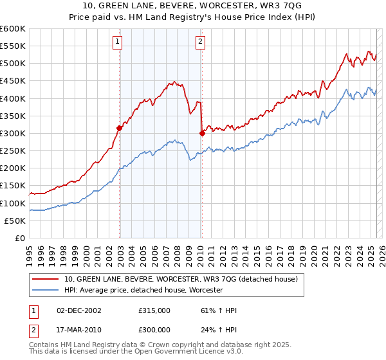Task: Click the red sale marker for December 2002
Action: tap(120, 128)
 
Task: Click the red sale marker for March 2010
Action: tap(202, 134)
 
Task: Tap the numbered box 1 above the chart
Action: tap(118, 42)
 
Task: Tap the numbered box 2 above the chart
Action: tap(201, 42)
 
